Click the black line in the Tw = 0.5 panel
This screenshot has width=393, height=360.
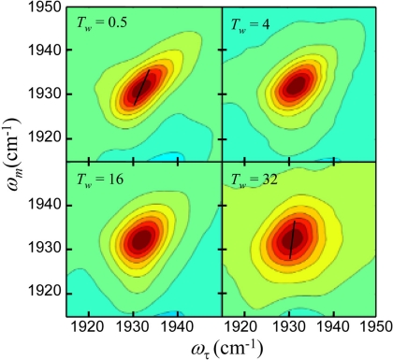(x=141, y=86)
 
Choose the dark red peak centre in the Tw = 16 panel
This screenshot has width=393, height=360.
(x=141, y=240)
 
